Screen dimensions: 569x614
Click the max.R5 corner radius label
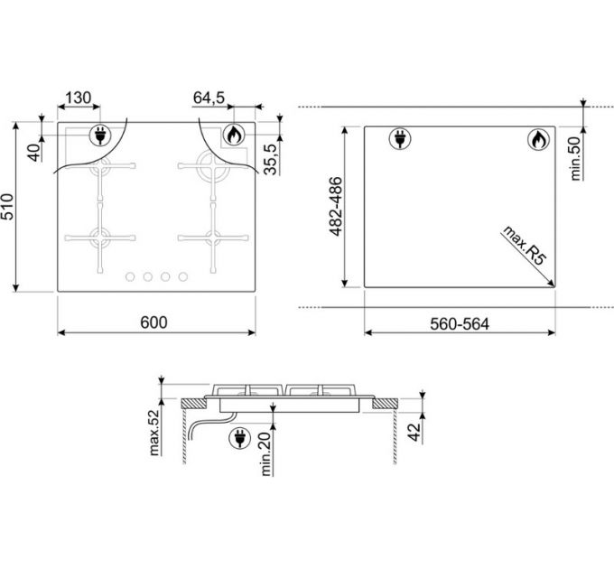(522, 244)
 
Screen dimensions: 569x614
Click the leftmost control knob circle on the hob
(128, 276)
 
